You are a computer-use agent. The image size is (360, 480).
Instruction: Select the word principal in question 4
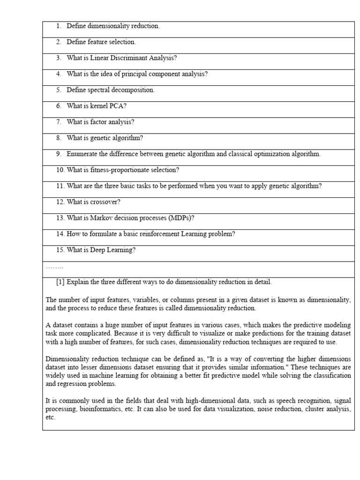coord(134,74)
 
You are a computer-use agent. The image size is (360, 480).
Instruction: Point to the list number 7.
coord(59,122)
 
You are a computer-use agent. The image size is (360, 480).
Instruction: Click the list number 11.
coord(60,186)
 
